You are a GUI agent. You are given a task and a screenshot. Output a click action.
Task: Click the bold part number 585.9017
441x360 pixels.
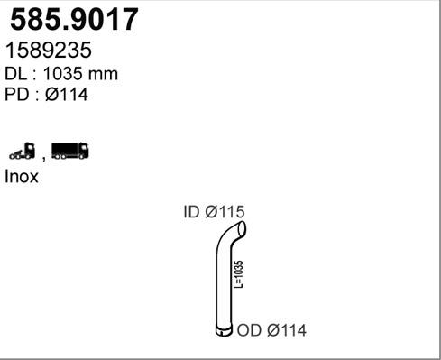click(x=74, y=19)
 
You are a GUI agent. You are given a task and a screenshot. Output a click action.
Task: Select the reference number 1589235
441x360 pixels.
click(x=49, y=50)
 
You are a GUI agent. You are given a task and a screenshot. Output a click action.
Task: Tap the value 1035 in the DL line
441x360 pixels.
click(x=63, y=74)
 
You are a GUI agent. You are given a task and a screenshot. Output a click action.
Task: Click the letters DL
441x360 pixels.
click(x=15, y=74)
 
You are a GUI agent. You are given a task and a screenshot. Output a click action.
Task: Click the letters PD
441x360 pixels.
click(x=16, y=95)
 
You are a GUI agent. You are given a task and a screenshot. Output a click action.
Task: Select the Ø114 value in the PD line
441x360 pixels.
click(x=67, y=95)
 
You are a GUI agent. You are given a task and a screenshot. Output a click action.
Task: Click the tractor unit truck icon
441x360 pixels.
click(x=22, y=151)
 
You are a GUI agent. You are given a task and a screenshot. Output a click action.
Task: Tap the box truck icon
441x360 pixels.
click(x=70, y=151)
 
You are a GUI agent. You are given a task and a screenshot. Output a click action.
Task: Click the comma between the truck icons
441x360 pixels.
click(x=44, y=158)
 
